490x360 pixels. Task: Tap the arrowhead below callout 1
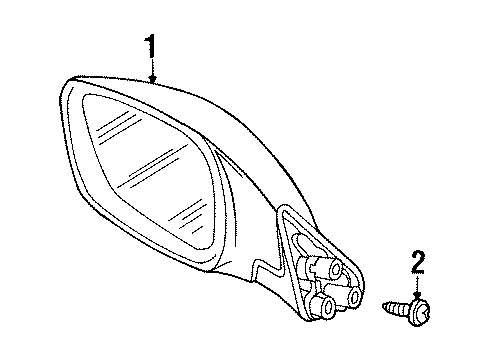152,80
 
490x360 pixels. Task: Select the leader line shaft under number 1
152,66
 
